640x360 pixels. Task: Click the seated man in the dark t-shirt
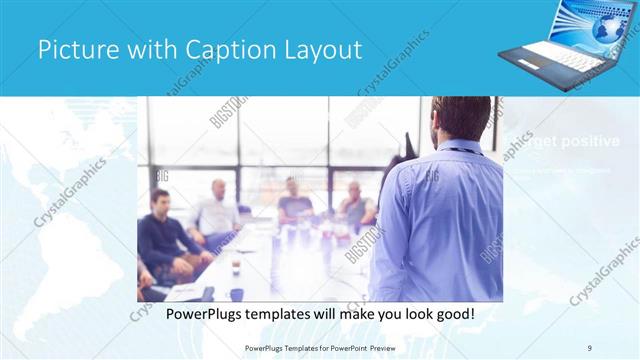tap(294, 200)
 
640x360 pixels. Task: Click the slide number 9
tap(589, 347)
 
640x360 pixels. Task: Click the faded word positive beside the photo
tap(590, 141)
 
